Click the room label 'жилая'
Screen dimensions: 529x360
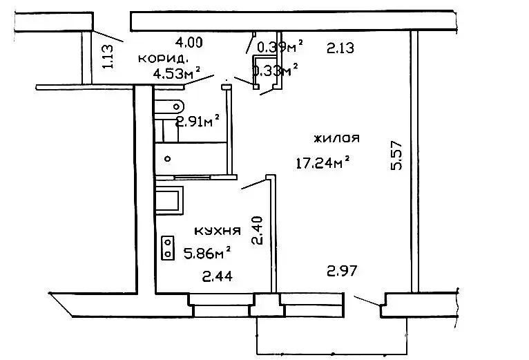(x=336, y=138)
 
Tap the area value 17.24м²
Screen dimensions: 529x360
(x=323, y=162)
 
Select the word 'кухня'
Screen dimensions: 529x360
(x=218, y=231)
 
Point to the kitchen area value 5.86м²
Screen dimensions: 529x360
(x=207, y=253)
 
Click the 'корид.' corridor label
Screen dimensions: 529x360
(x=162, y=59)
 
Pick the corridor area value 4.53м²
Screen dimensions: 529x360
(x=177, y=73)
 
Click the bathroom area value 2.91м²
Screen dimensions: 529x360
(x=198, y=121)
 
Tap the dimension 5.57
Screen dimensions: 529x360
(x=396, y=155)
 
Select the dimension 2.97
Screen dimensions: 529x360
(x=342, y=271)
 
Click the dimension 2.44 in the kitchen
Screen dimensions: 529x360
(x=218, y=276)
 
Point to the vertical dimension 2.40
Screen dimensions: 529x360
(x=257, y=230)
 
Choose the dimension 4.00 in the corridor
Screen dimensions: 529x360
(x=189, y=43)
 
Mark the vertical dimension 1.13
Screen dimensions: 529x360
(x=108, y=57)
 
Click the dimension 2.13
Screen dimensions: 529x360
(x=340, y=48)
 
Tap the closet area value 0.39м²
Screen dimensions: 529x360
(x=280, y=46)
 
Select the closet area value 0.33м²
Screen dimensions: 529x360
(x=276, y=70)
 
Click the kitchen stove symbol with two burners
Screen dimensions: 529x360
(x=168, y=247)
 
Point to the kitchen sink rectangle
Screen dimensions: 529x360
(x=169, y=200)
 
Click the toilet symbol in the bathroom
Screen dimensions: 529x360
(x=169, y=106)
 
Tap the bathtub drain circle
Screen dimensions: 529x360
(x=167, y=158)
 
